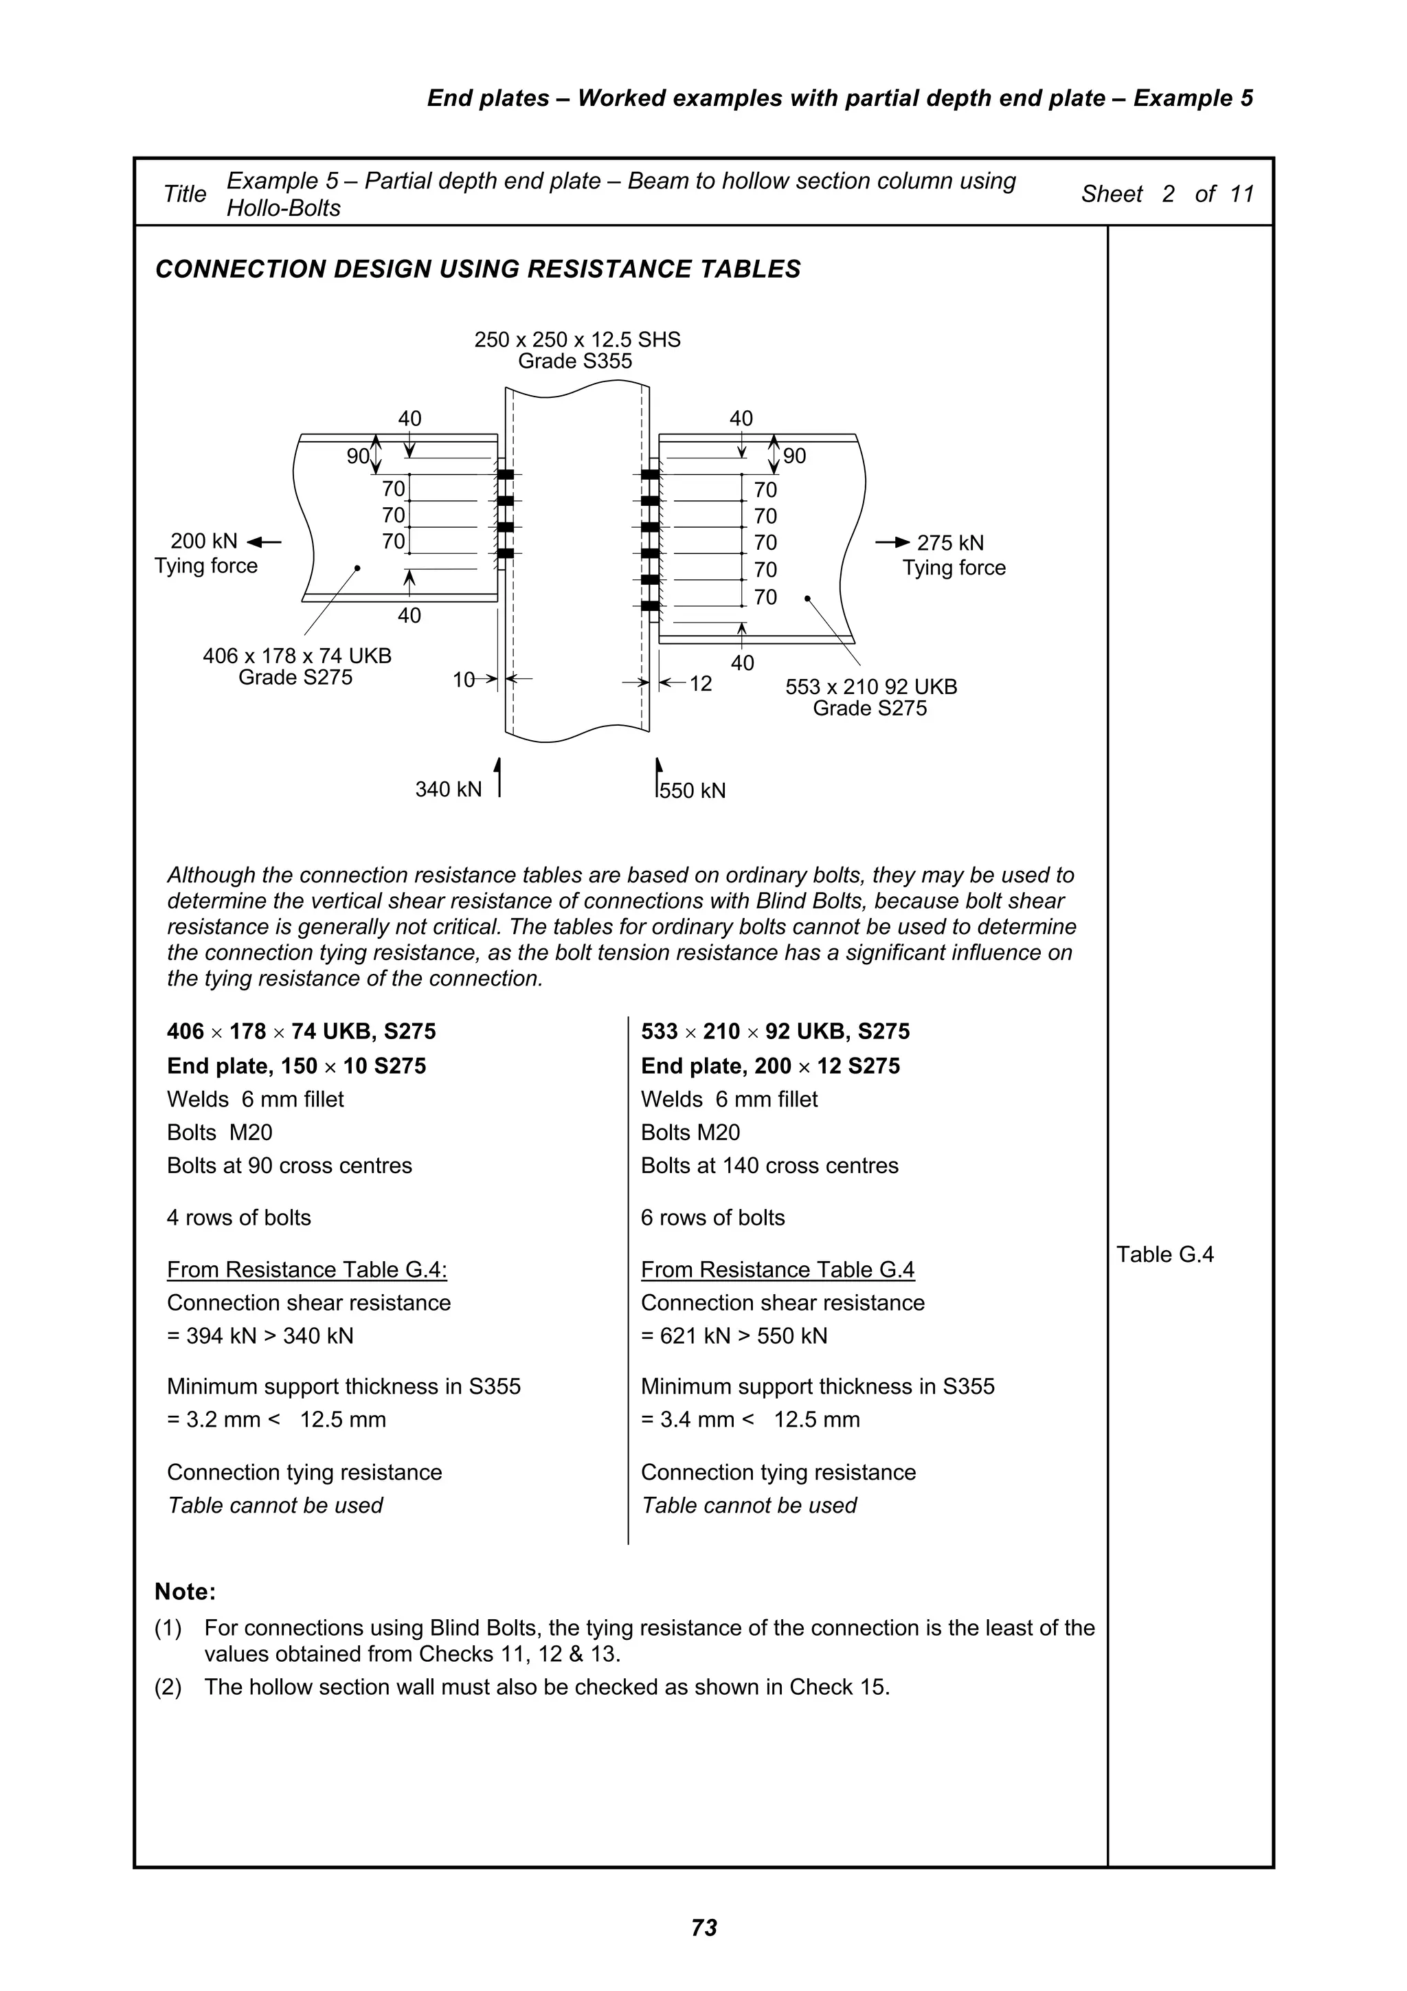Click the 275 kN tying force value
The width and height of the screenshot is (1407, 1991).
coord(950,543)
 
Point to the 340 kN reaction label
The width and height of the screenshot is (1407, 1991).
coord(448,789)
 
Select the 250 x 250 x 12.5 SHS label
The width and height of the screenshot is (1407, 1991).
coord(577,340)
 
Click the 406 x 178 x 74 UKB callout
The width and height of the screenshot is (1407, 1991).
coord(297,656)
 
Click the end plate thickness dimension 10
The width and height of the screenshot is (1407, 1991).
coord(464,680)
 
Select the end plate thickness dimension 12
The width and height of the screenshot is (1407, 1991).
coord(701,685)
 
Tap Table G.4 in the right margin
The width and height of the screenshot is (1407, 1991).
coord(1164,1254)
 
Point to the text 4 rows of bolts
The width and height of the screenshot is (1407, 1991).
coord(238,1218)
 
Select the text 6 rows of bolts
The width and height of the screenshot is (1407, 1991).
coord(712,1218)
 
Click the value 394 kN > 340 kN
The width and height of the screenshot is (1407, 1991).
coord(260,1335)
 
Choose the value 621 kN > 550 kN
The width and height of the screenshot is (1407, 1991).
coord(734,1335)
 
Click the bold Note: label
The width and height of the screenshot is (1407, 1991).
coord(185,1592)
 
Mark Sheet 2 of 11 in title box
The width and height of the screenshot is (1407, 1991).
coord(1167,194)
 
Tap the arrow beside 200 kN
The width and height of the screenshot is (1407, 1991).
coord(264,543)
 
